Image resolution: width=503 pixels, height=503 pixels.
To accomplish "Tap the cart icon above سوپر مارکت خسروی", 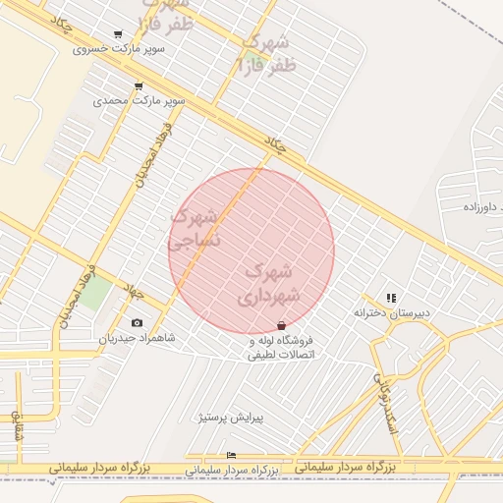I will tap(119, 34).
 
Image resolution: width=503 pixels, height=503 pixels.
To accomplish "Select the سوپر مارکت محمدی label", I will tap(139, 100).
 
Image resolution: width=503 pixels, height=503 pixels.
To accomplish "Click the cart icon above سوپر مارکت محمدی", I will tap(138, 86).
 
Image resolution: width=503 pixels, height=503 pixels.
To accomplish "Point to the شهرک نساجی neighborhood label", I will tap(196, 227).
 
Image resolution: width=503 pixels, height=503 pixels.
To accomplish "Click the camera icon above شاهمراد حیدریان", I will tap(136, 323).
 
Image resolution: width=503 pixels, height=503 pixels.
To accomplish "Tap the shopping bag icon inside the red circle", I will tap(282, 325).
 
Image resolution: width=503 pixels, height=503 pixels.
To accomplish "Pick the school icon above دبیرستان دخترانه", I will tap(391, 298).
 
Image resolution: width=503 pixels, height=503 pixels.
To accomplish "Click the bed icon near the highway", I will tap(231, 455).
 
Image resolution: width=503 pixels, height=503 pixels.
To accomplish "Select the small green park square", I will tap(95, 293).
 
